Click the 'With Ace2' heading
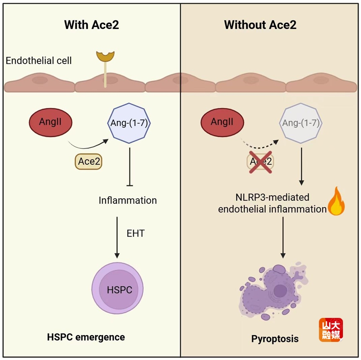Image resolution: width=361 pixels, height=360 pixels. (x=91, y=25)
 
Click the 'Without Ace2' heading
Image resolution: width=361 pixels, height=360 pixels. (x=260, y=25)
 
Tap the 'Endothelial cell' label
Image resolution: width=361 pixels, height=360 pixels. (x=39, y=61)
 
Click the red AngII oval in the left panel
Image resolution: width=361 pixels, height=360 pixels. (x=51, y=122)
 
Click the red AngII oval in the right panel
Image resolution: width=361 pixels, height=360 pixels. (x=222, y=122)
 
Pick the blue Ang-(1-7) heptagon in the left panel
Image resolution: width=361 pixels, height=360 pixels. (x=130, y=123)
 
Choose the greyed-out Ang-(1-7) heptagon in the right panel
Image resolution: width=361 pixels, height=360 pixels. (x=301, y=123)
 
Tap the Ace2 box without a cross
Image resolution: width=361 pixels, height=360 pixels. (x=88, y=162)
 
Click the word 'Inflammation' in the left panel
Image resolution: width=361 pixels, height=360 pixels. (x=128, y=200)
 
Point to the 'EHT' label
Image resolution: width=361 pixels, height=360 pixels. (x=135, y=233)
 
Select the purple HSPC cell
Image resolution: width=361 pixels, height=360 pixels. (x=118, y=289)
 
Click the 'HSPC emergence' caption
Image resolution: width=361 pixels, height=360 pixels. (x=86, y=337)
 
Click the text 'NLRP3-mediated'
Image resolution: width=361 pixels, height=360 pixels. (x=272, y=197)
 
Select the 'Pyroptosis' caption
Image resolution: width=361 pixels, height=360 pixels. (x=275, y=339)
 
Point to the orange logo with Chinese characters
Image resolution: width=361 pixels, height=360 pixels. (x=331, y=330)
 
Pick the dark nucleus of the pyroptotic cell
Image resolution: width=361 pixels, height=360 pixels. (x=280, y=290)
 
